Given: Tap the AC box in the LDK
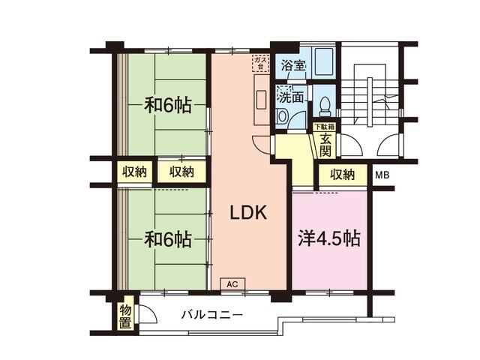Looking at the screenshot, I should coord(232,284).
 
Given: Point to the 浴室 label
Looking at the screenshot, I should coord(293,64).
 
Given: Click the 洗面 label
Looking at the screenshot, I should coord(292,96).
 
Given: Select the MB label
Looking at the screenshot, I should coord(382,175).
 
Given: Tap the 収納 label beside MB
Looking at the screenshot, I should coord(342,175).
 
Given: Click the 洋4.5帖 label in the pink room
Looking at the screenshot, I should coord(328,239).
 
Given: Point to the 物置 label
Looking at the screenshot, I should coord(126,316).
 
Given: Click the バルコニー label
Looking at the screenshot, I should coord(211,314).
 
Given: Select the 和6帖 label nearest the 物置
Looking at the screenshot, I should coord(168,239).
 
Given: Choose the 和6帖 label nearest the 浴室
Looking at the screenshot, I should coord(168,105).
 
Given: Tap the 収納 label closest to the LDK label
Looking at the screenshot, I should coord(181,172).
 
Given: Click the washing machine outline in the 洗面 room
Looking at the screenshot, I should coord(284,115).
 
